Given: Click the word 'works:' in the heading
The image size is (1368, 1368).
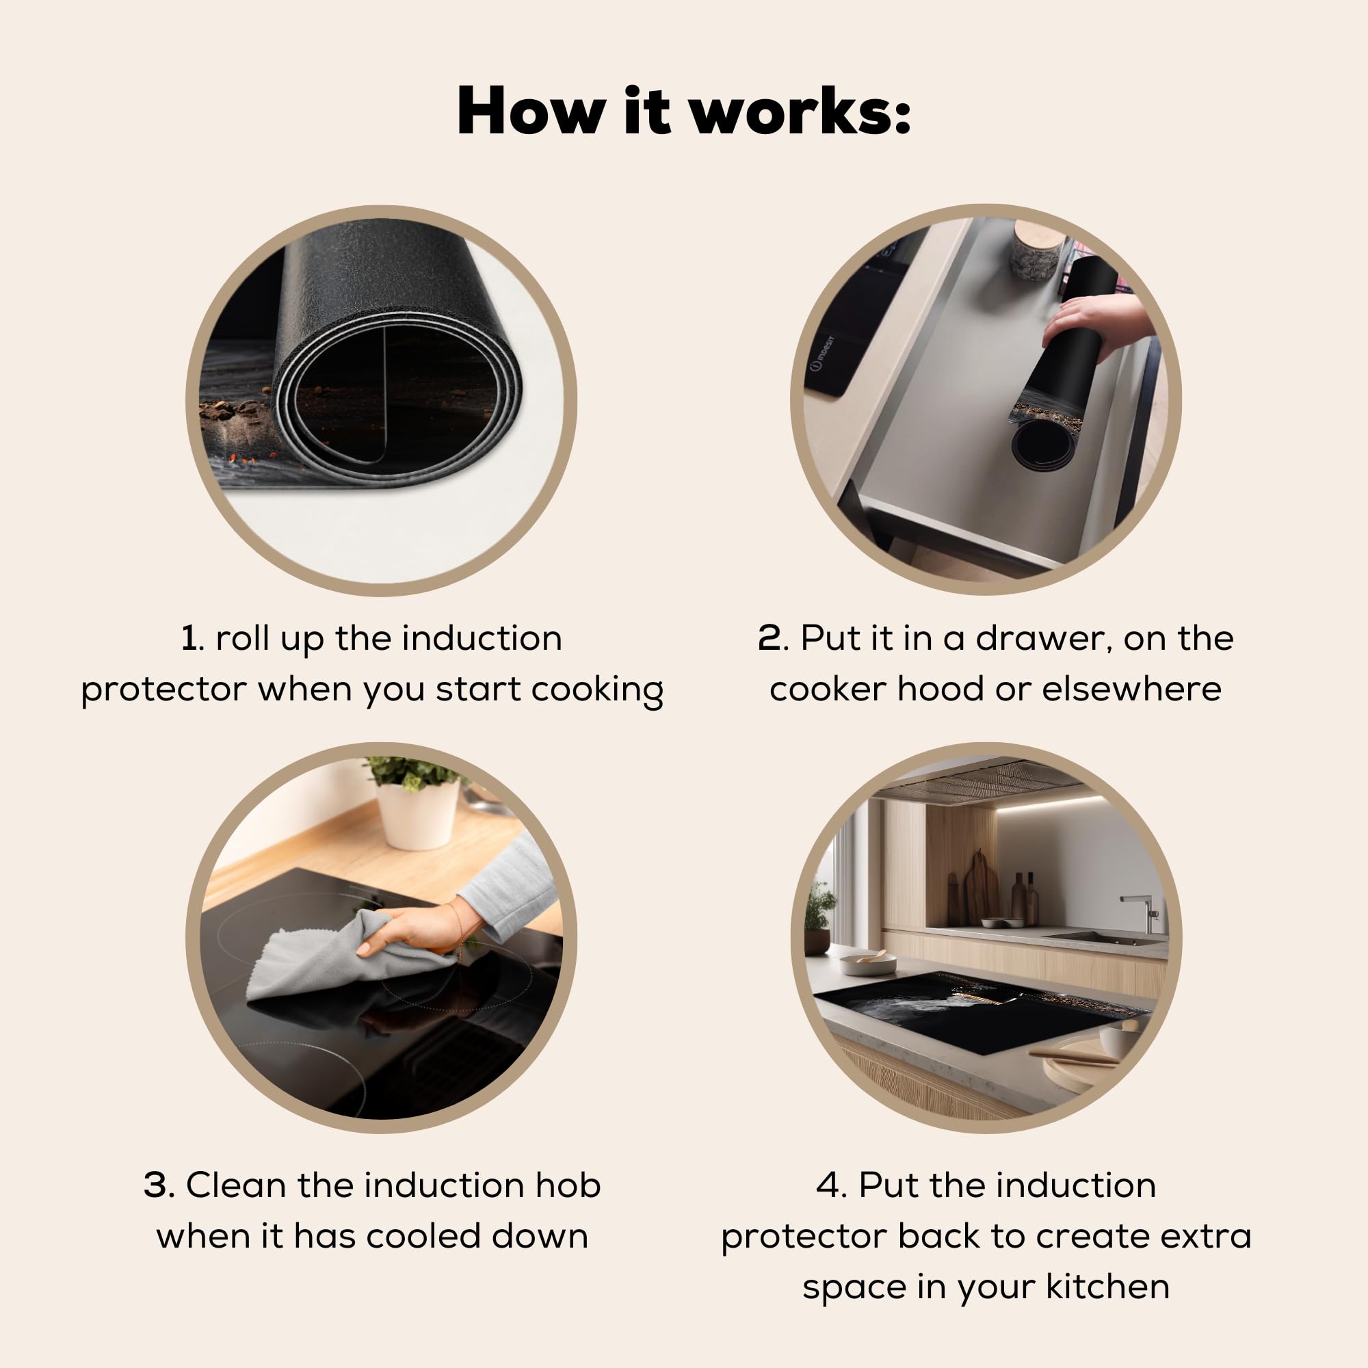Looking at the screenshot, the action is [x=800, y=111].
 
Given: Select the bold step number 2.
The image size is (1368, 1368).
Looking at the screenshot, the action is [x=769, y=638].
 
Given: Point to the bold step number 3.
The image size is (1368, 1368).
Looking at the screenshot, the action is [x=157, y=1185].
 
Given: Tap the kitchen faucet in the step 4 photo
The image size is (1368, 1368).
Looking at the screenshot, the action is [x=1142, y=912].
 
